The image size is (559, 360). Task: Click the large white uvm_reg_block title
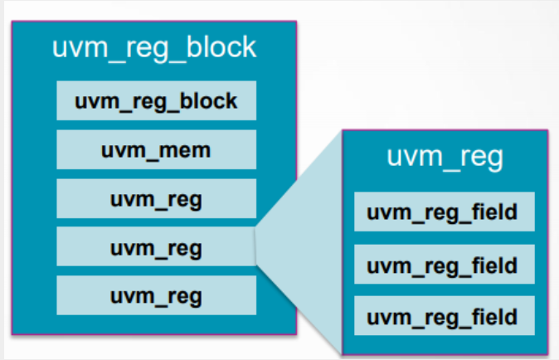coord(155,48)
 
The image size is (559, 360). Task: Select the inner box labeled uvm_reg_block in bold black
coord(156,102)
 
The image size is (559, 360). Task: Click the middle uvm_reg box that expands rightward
coord(156,247)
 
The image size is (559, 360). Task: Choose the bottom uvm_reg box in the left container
coord(156,295)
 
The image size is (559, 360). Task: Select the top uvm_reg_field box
coord(442,212)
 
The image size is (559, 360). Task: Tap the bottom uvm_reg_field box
coord(442,317)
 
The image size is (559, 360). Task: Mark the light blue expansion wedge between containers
coord(303,249)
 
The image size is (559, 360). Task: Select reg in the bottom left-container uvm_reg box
coord(182,296)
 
